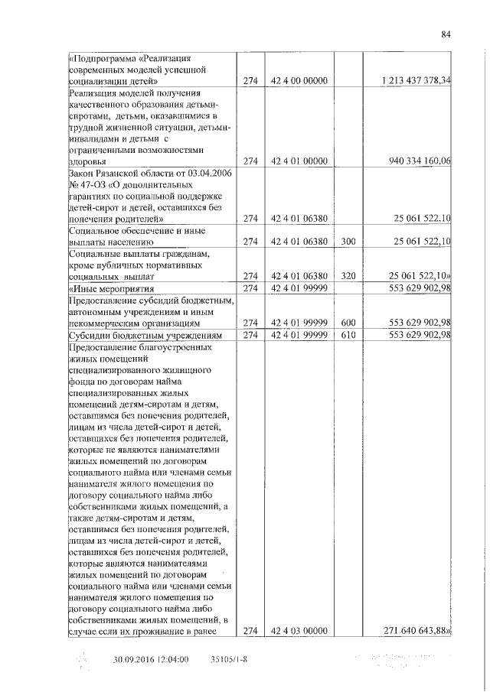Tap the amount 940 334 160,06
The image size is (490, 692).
(419, 161)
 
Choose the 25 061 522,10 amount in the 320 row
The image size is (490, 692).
(420, 275)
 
